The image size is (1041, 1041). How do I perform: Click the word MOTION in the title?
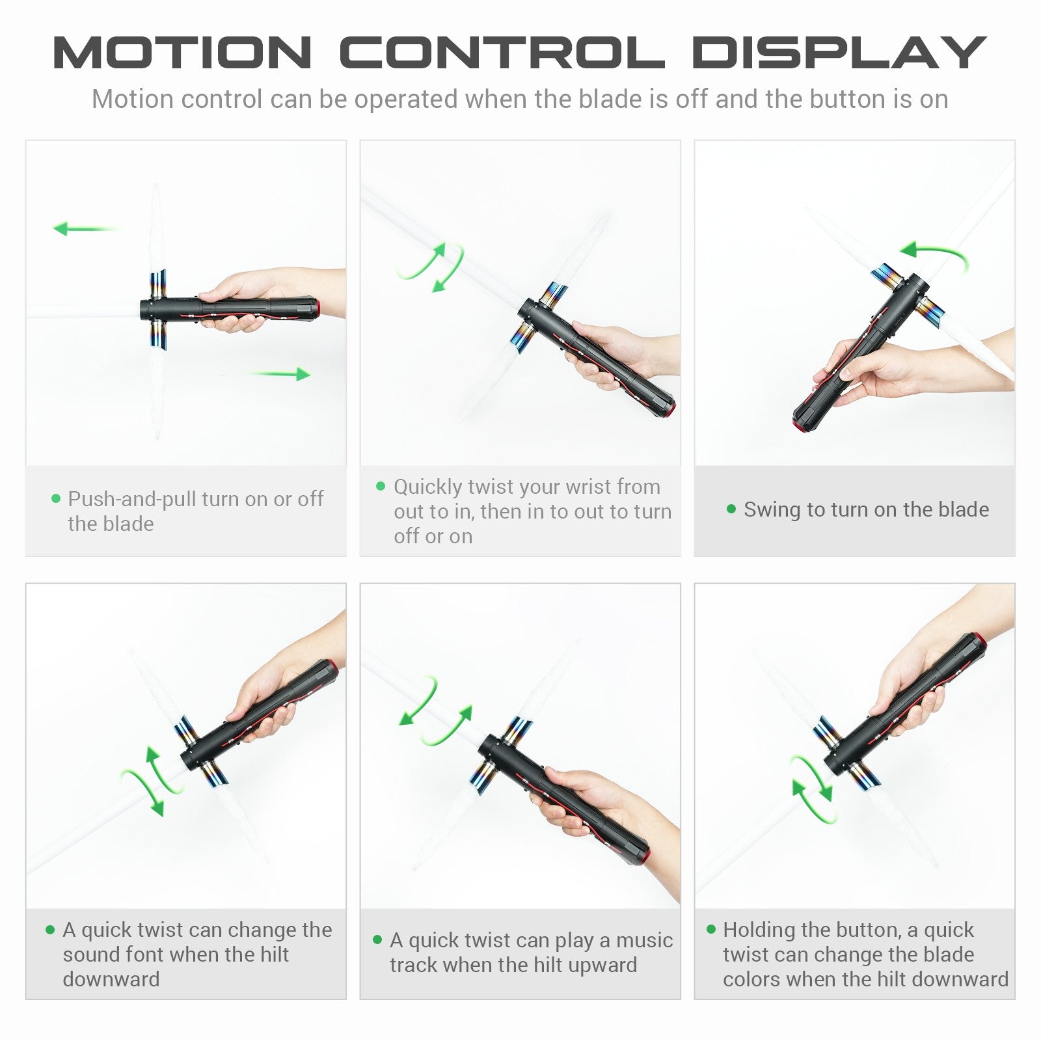click(x=183, y=52)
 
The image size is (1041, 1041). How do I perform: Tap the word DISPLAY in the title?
click(x=839, y=52)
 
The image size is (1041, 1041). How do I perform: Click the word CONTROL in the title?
click(x=502, y=52)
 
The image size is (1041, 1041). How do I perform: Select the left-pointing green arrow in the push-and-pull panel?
click(x=87, y=228)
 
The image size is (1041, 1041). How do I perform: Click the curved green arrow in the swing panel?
click(x=934, y=254)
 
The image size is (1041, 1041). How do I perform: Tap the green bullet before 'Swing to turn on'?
click(x=731, y=509)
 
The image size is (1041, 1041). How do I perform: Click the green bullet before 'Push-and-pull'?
click(x=55, y=499)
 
